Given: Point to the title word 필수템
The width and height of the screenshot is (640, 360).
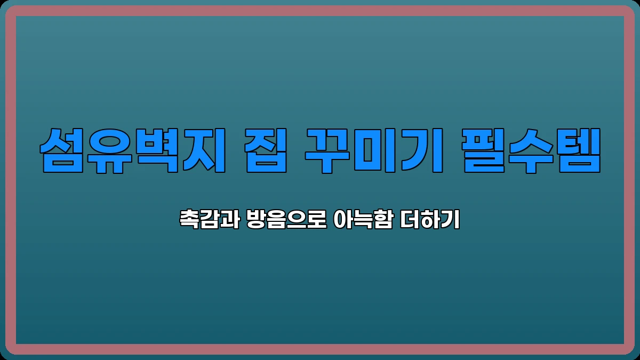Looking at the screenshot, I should pyautogui.click(x=531, y=150).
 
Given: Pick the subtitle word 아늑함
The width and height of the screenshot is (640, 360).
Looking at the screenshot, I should pyautogui.click(x=361, y=220).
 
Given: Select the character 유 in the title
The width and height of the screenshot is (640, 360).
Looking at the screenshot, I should pyautogui.click(x=109, y=150).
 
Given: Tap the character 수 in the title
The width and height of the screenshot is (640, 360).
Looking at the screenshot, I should pyautogui.click(x=531, y=150).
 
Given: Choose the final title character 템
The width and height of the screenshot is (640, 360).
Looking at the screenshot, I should pyautogui.click(x=578, y=150).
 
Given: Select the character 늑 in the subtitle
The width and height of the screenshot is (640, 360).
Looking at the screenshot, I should pyautogui.click(x=361, y=220).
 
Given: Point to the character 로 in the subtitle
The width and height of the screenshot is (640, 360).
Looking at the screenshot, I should pyautogui.click(x=317, y=220).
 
